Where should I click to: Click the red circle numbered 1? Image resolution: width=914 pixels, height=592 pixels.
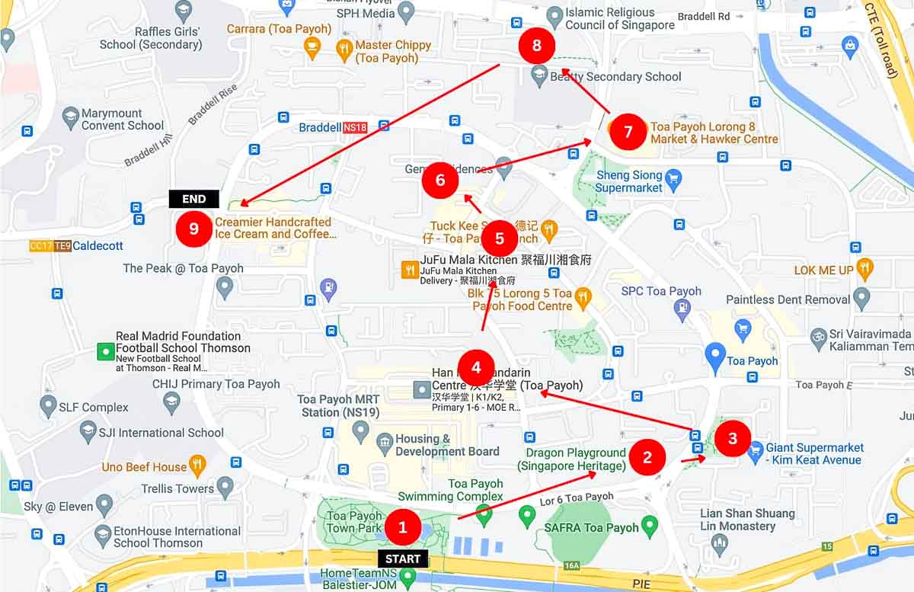point(403,526)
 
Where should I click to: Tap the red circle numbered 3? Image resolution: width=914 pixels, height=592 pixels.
point(733,438)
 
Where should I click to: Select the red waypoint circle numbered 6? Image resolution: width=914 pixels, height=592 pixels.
point(440,181)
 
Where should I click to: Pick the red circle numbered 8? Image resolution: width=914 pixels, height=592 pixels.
point(537,46)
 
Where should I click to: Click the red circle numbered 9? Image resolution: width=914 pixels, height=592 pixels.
point(194,229)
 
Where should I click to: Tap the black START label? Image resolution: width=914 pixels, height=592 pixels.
point(403,559)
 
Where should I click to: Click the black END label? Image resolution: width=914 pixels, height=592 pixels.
point(194,199)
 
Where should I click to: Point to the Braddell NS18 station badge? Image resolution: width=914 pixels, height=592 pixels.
point(355,127)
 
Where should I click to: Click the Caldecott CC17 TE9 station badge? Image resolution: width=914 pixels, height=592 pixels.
point(50,246)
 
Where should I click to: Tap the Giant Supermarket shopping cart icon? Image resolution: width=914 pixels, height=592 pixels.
point(756,450)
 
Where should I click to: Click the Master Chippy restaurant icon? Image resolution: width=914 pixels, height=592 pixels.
point(344,51)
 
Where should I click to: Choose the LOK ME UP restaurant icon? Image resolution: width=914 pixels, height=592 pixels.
point(864,269)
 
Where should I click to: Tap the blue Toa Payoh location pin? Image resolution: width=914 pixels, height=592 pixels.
point(714,357)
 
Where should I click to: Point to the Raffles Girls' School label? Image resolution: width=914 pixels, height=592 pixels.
point(151,38)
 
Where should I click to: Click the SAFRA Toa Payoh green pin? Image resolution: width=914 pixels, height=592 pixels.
point(649,525)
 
